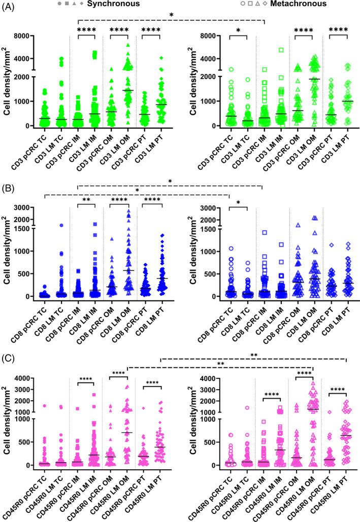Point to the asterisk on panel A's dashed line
click(x=171, y=15)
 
